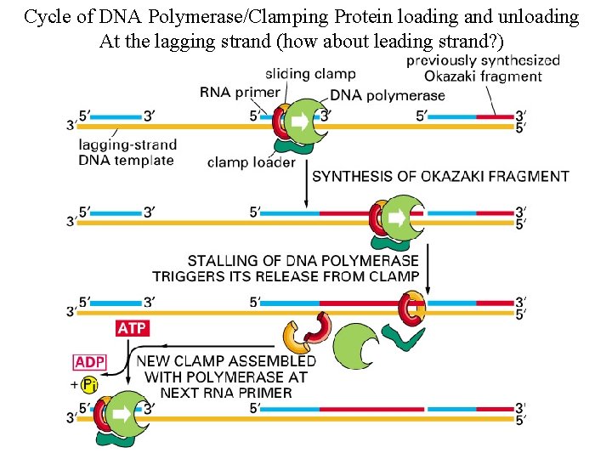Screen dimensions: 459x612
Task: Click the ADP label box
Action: (89, 362)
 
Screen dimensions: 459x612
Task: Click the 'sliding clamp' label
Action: (310, 74)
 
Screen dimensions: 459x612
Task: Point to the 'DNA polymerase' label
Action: (387, 94)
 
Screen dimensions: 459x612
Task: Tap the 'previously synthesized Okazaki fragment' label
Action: (483, 68)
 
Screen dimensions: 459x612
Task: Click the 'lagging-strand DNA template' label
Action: (126, 152)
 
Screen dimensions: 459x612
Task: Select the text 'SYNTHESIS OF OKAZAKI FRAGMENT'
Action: (441, 177)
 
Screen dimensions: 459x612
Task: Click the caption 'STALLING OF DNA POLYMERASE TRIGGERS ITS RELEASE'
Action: (286, 268)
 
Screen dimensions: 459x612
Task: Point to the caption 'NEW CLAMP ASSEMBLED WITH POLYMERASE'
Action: (225, 377)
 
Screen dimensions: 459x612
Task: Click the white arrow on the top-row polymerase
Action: (301, 122)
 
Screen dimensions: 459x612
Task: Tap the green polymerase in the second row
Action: (403, 219)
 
